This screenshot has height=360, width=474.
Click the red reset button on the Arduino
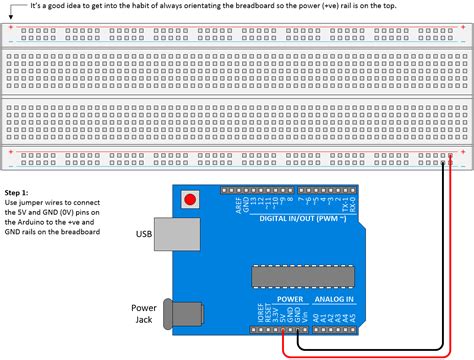pos(186,200)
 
